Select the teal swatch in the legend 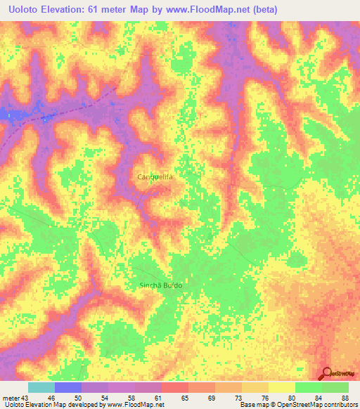[x=41, y=387]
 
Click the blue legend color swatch [x=68, y=387]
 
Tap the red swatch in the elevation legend [x=175, y=387]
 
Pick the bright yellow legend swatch [x=282, y=387]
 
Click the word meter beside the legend [x=11, y=398]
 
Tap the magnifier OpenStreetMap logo [x=328, y=375]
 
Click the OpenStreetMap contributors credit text [x=320, y=405]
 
